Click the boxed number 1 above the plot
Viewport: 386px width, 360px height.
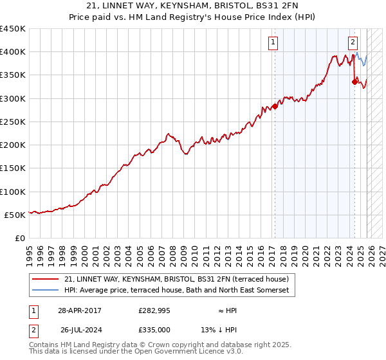pos(273,43)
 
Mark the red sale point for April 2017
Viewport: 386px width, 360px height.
pos(275,106)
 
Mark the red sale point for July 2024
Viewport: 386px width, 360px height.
pos(354,82)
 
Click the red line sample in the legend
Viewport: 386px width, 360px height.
pos(46,280)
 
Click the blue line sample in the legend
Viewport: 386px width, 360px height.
pos(46,291)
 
